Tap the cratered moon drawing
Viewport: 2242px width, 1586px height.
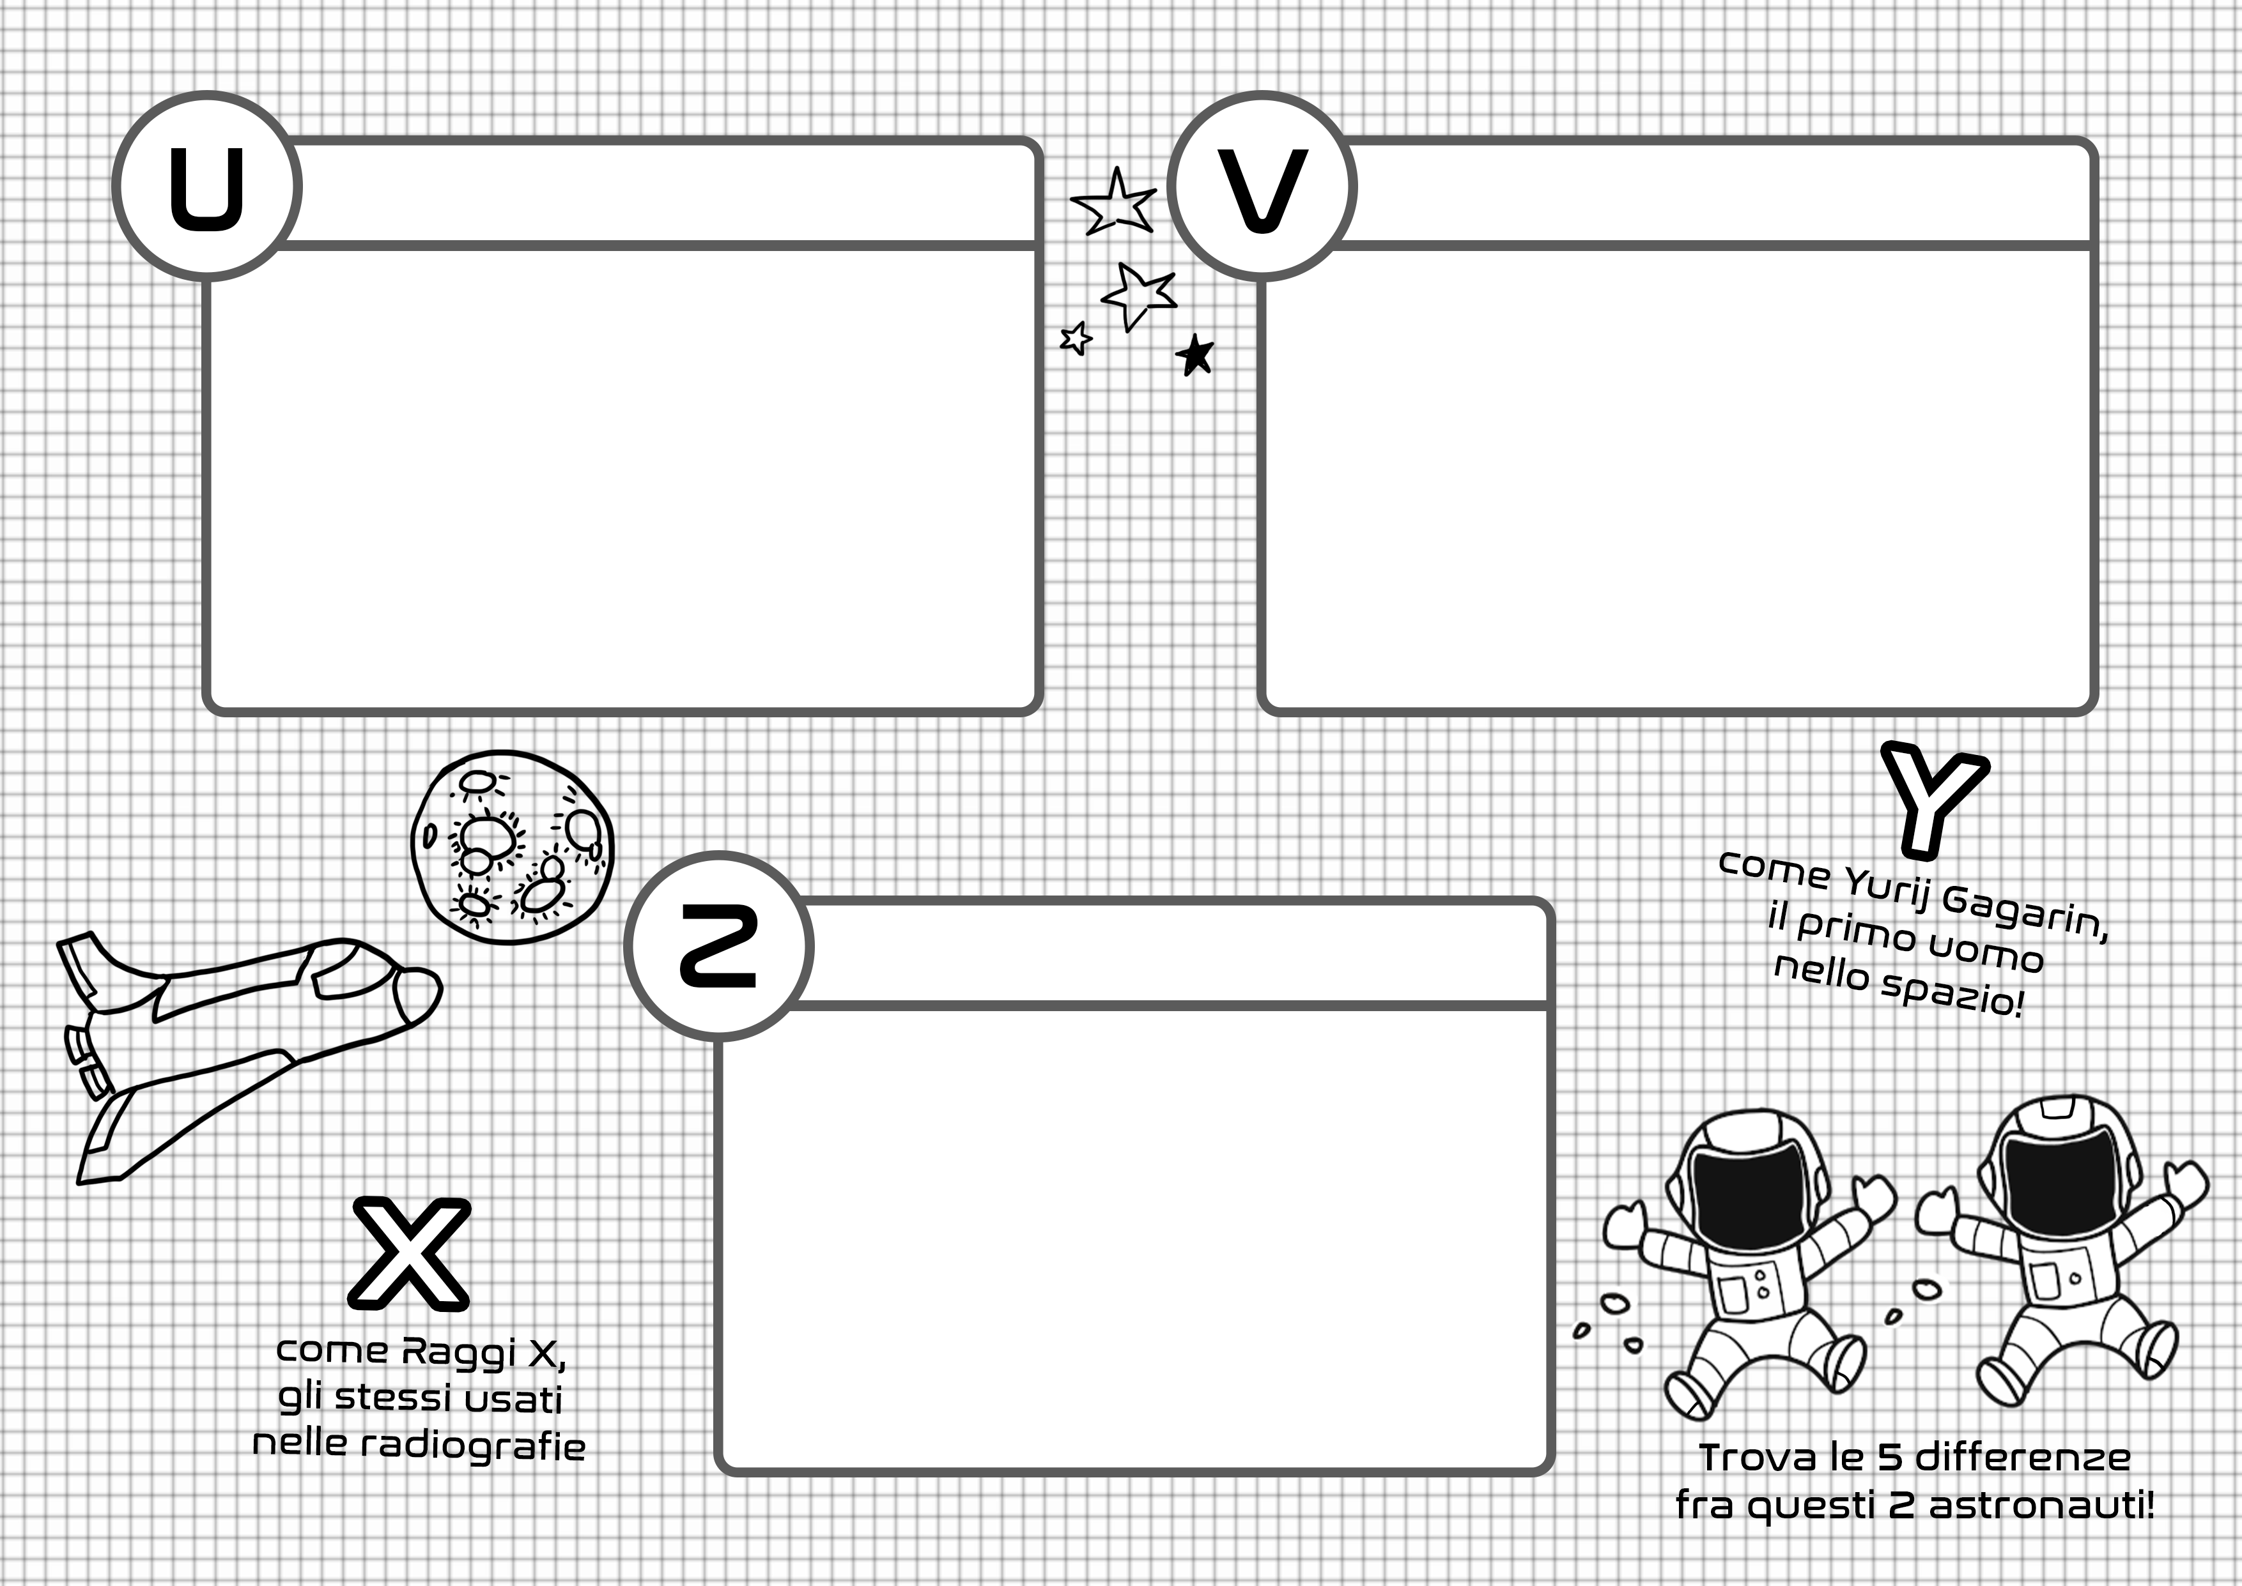(512, 847)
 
